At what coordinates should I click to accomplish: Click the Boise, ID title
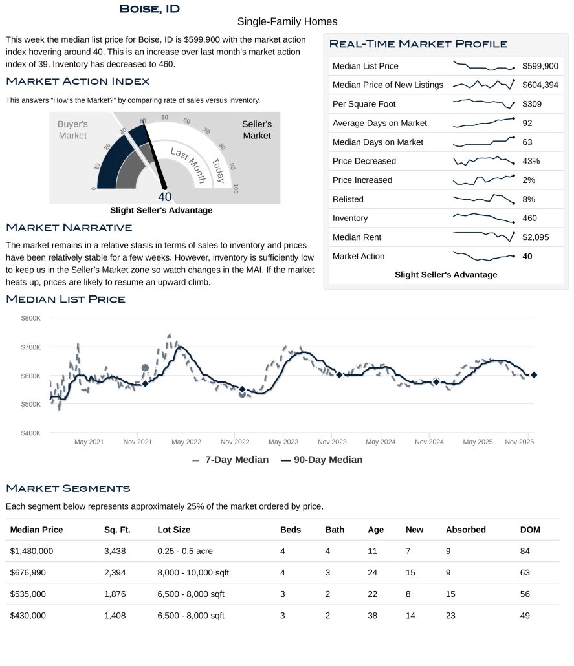coord(149,9)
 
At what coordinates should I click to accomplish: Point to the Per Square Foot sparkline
coord(483,103)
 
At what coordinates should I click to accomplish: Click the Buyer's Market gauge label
coord(72,129)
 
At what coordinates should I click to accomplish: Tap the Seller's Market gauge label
coord(256,129)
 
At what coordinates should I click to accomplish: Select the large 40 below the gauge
coord(164,197)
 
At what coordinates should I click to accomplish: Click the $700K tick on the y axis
coord(30,347)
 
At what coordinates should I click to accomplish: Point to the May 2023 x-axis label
coord(283,442)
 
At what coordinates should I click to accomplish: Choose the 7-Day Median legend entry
coord(231,460)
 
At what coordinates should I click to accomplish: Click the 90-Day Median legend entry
coord(322,460)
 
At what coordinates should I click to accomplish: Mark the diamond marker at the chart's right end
coord(534,375)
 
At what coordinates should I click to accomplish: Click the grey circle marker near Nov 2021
coord(145,368)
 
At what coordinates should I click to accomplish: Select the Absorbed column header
coord(465,530)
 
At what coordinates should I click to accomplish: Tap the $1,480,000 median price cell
coord(32,551)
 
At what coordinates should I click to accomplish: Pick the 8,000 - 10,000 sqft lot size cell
coord(193,572)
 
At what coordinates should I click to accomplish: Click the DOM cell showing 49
coord(525,616)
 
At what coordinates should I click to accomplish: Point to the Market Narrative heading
coord(69,228)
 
